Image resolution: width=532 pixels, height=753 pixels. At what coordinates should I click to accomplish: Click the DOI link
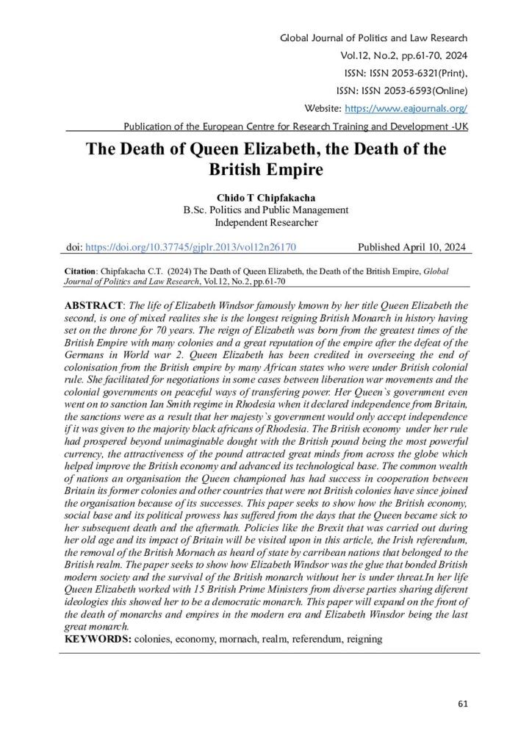[192, 249]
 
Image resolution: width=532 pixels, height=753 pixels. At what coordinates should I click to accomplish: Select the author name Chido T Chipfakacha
[265, 197]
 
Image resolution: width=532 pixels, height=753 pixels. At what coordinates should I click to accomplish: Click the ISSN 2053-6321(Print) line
[401, 74]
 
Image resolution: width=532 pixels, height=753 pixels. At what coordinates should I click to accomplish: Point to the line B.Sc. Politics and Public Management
[265, 209]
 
